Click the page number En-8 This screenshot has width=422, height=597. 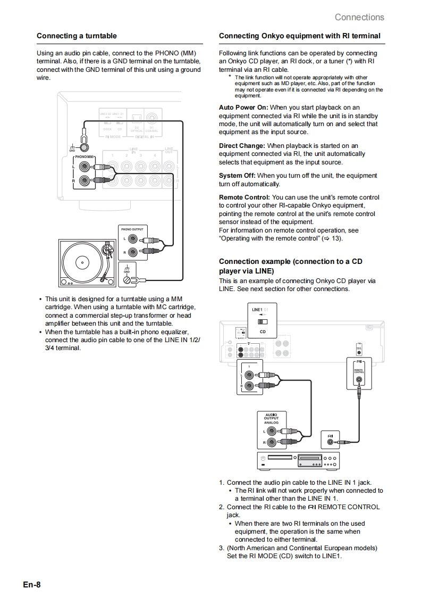pos(31,585)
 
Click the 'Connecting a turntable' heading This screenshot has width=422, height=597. pos(77,36)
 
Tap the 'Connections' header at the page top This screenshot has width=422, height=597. pos(359,17)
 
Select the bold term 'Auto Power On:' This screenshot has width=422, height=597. pos(243,107)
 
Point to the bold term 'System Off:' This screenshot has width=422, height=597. pos(237,176)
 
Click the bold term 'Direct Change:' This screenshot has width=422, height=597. pos(242,146)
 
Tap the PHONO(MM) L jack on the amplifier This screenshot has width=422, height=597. pos(83,166)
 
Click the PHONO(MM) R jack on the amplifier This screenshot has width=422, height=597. pos(83,180)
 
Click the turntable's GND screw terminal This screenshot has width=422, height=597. pos(127,279)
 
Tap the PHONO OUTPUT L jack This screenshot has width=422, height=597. pos(133,239)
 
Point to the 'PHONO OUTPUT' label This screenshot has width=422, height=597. pos(132,229)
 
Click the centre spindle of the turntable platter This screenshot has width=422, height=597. pos(82,262)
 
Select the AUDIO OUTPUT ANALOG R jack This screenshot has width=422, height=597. pos(272,442)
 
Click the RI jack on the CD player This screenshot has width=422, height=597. pos(331,442)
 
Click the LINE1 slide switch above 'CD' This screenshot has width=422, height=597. pos(263,321)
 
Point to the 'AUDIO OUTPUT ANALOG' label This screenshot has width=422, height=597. pos(271,418)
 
